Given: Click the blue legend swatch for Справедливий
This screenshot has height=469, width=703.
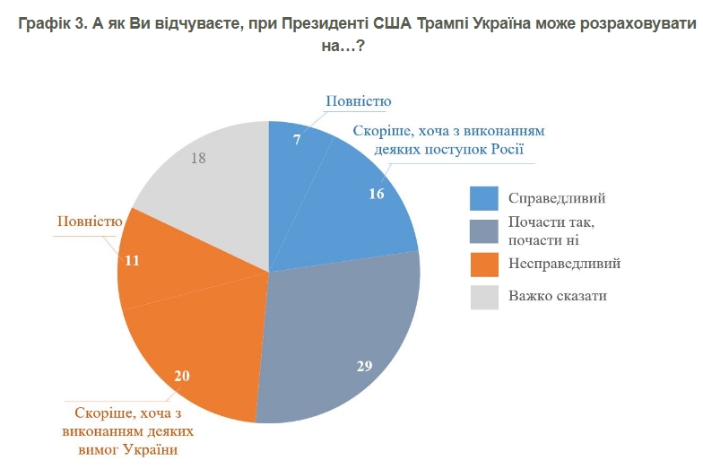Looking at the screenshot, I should click(484, 198).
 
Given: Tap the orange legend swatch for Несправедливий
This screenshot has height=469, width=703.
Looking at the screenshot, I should click(484, 265).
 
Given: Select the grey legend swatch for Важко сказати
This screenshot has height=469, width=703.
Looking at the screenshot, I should click(484, 297).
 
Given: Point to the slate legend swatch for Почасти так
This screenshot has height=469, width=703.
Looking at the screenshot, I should click(484, 231).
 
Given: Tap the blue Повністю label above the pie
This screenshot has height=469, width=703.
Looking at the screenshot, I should click(358, 101).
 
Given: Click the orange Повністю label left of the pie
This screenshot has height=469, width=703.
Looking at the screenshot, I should click(89, 221).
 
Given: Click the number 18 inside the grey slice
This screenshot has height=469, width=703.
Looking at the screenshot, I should click(199, 157).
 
